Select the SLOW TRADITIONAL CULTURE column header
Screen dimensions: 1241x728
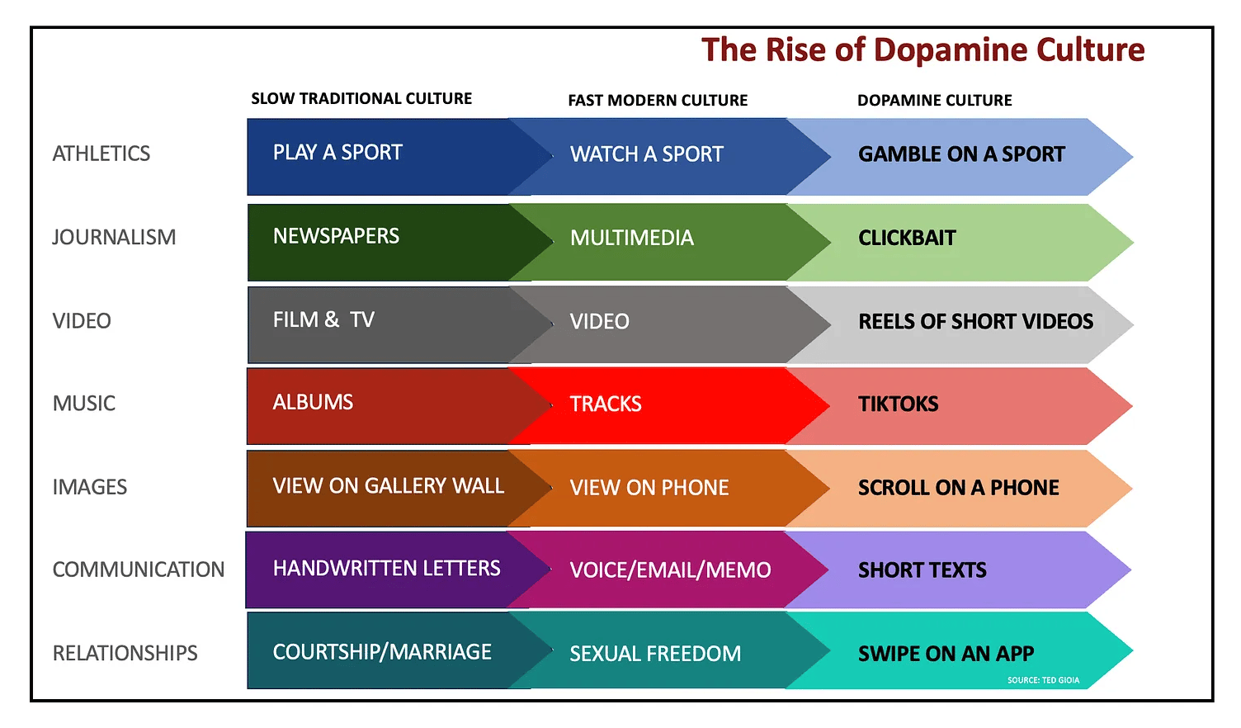click(361, 98)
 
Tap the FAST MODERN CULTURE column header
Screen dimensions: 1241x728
click(658, 100)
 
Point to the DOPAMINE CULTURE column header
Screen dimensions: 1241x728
click(935, 100)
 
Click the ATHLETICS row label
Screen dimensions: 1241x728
click(101, 154)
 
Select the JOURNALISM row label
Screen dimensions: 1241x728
click(114, 237)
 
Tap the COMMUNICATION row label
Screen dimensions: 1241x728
click(139, 570)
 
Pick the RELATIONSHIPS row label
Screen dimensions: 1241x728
click(125, 653)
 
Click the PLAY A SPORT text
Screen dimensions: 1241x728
click(337, 153)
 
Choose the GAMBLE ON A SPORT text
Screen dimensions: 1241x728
click(961, 154)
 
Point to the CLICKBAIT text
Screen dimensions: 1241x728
click(907, 238)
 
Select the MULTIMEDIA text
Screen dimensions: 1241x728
click(631, 238)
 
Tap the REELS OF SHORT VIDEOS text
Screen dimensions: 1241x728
click(975, 321)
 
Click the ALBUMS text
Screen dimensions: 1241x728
click(313, 402)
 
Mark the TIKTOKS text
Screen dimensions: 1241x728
click(898, 404)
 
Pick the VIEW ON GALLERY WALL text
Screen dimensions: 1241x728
click(389, 486)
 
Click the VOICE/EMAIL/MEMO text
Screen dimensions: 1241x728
click(670, 570)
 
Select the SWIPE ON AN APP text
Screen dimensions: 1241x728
click(946, 654)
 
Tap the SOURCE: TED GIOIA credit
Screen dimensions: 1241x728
click(1043, 680)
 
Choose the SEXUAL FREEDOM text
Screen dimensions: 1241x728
click(655, 654)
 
